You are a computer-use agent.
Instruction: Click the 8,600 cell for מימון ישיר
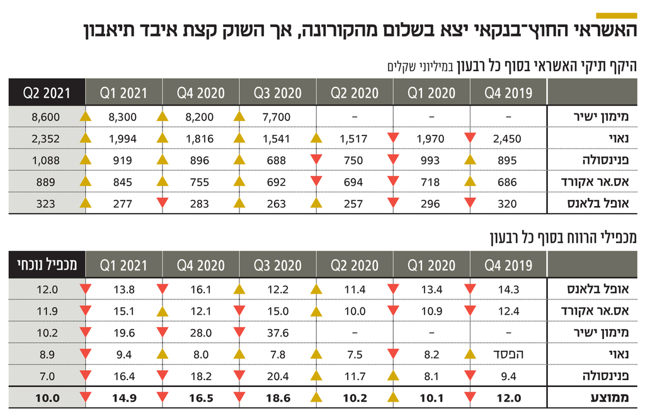click(x=45, y=117)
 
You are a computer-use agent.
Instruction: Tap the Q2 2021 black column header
click(x=46, y=93)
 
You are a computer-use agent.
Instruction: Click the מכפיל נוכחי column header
click(x=46, y=265)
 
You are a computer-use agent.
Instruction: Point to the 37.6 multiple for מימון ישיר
click(x=277, y=333)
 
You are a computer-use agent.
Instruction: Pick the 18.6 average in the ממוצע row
click(x=277, y=398)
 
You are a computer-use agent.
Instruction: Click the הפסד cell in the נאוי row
click(x=509, y=354)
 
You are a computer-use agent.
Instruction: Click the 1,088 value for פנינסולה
click(x=45, y=160)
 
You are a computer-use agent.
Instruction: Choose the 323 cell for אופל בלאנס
click(x=45, y=204)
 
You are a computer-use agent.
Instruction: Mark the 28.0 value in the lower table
click(x=200, y=333)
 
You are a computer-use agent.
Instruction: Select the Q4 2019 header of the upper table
click(x=508, y=93)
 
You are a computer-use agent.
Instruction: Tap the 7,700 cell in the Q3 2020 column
click(x=277, y=117)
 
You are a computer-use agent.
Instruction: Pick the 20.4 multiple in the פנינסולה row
click(x=277, y=376)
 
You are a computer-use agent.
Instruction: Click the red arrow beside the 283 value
click(x=163, y=204)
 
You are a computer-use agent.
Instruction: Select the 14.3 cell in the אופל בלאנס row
click(x=508, y=289)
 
